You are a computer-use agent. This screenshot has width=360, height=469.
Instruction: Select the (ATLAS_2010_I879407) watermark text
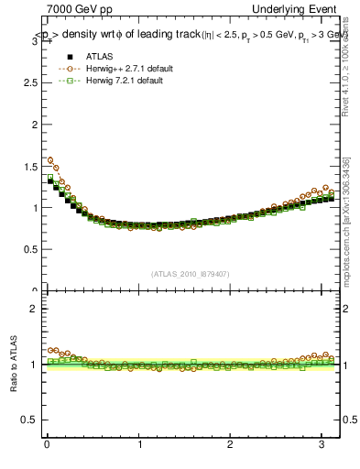(191, 273)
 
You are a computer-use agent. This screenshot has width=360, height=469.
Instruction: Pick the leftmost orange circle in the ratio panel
(51, 350)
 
